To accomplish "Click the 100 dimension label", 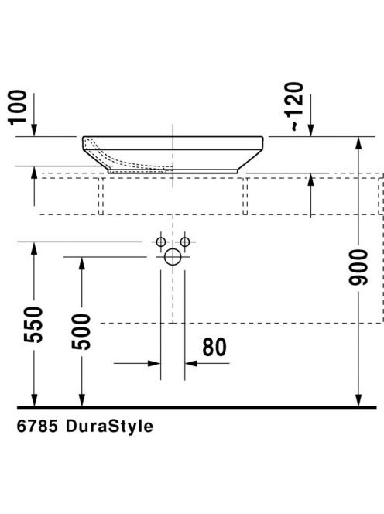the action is point(18,107).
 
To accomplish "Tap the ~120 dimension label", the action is point(293,107).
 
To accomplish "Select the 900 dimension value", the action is point(358,267).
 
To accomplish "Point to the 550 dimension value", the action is point(33,324).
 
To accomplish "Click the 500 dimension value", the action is point(81,332).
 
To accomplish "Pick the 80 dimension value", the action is point(214,347).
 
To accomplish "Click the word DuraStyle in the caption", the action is point(109,427).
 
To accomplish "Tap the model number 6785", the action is point(37,427).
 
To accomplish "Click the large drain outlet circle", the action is point(173,257).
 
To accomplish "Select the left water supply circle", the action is point(161,242).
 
